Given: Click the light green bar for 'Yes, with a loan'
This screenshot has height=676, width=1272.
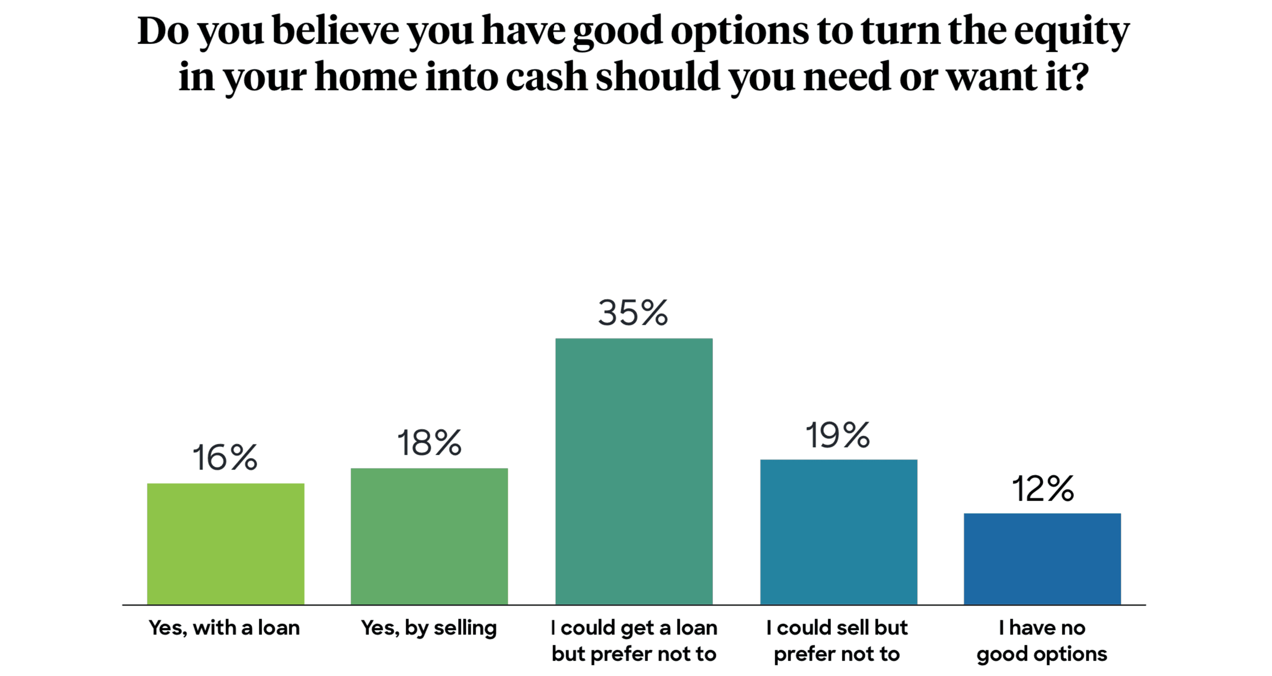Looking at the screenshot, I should (x=225, y=543).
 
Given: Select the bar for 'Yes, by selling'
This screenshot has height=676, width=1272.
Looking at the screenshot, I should (x=429, y=536).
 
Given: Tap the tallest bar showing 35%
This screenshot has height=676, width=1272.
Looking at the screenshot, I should (x=634, y=471).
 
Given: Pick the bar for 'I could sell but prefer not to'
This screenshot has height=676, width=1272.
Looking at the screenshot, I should (x=839, y=531).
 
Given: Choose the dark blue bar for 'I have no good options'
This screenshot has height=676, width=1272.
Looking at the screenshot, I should (x=1042, y=558).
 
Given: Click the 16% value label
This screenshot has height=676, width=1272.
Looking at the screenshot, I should (x=224, y=458).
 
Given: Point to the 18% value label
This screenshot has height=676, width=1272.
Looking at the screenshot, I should (x=429, y=443).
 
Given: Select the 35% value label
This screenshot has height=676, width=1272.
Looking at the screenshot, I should (x=633, y=313).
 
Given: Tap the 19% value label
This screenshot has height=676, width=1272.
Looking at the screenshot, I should (x=838, y=436).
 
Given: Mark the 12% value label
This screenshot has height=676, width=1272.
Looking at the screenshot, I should (x=1043, y=489).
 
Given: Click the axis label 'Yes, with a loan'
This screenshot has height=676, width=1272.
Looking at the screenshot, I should (x=224, y=628).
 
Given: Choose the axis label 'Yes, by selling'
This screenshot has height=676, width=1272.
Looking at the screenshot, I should (x=429, y=628).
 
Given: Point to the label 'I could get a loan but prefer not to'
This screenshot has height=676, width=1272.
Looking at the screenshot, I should (x=634, y=641).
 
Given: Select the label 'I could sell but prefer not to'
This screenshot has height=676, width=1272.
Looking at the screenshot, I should (x=837, y=641).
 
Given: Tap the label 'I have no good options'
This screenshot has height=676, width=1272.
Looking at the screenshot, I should (x=1042, y=641).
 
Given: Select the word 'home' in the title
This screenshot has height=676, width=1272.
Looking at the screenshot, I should (x=366, y=77).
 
